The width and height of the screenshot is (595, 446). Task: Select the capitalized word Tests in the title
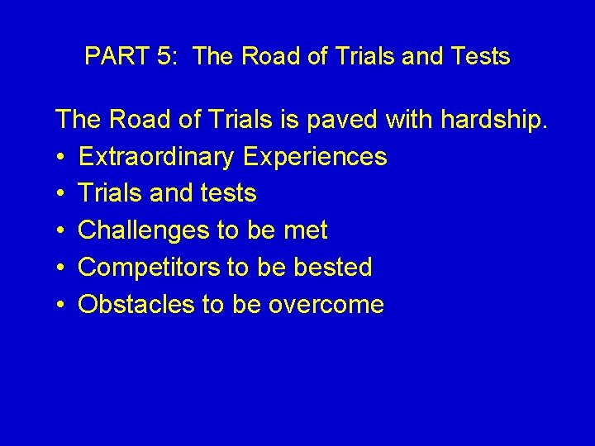coord(480,57)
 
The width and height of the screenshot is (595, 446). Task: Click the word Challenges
coord(144,230)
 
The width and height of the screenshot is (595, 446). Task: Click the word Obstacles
coord(136,305)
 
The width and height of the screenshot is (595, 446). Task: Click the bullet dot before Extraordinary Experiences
coord(61,157)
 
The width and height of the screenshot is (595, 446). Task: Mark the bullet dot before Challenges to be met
coord(61,231)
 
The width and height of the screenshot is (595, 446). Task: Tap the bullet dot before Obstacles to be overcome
coord(61,306)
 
